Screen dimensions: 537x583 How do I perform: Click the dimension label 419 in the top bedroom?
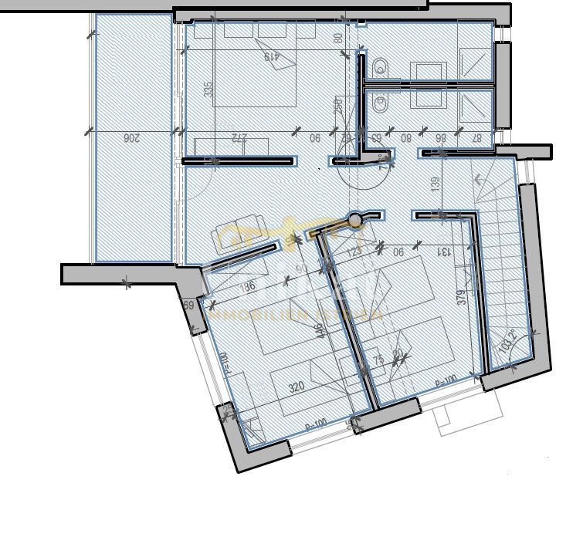tap(270, 56)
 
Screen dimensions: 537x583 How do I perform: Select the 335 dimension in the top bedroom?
tap(208, 89)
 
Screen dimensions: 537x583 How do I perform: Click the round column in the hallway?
tap(355, 221)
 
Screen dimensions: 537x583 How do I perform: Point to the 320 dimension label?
tap(296, 387)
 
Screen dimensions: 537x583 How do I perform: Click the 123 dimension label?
tap(354, 251)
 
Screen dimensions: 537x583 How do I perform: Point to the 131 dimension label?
tap(445, 251)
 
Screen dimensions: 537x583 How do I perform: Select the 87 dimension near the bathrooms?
tap(478, 138)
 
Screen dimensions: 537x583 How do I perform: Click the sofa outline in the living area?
tap(238, 235)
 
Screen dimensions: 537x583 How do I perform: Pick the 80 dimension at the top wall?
tap(337, 36)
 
